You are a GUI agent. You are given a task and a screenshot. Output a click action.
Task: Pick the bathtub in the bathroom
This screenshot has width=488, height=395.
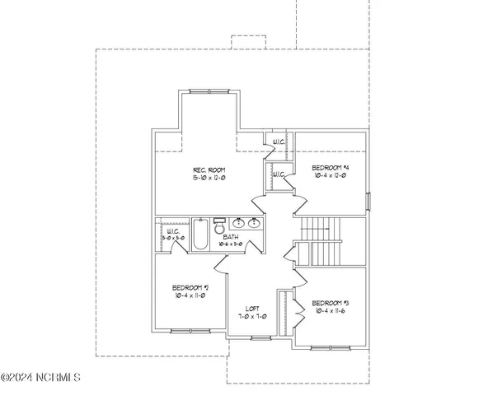[x=201, y=235]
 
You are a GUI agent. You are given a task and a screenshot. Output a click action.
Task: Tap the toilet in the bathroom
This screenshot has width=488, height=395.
[x=220, y=224]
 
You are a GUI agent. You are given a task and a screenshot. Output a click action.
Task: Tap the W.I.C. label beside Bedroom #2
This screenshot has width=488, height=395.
[x=173, y=232]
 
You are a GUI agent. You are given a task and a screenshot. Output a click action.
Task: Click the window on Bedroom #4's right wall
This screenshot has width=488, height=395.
[x=368, y=202]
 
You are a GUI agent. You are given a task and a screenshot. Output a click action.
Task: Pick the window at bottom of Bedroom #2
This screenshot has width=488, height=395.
[x=184, y=330]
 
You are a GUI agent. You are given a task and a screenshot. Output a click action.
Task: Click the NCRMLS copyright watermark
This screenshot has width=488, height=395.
[x=41, y=378]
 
